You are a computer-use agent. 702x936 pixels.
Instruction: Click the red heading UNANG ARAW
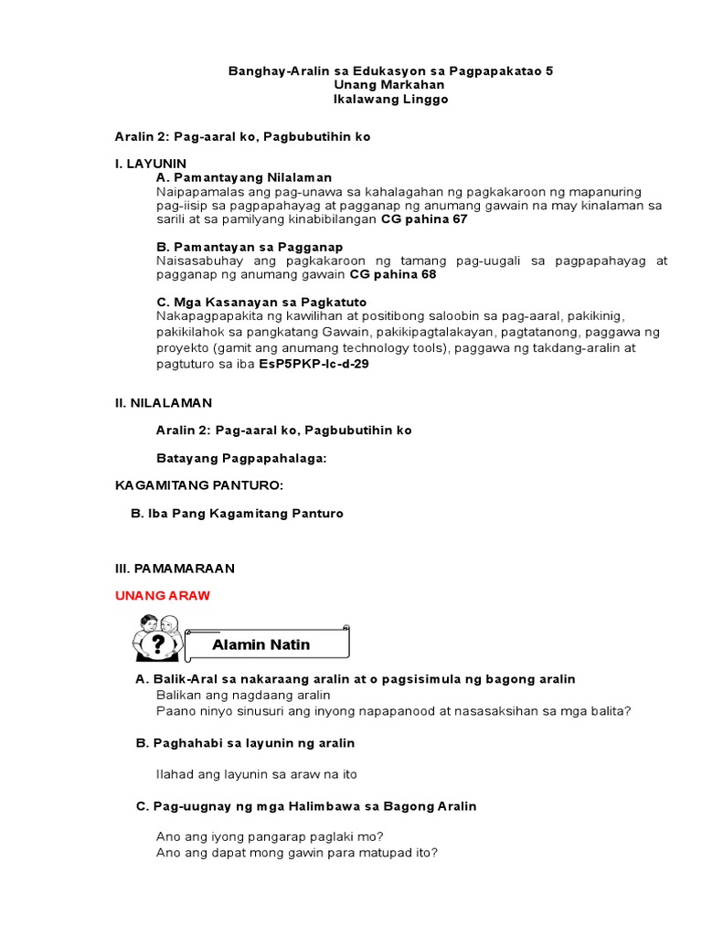(x=162, y=595)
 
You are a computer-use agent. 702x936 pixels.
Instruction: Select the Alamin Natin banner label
(x=261, y=644)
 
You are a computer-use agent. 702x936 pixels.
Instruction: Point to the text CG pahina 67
(x=423, y=220)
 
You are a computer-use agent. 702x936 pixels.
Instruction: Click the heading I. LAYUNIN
(x=150, y=163)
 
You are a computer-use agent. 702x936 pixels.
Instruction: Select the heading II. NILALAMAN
(x=163, y=402)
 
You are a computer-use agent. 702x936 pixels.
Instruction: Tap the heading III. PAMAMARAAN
(x=174, y=568)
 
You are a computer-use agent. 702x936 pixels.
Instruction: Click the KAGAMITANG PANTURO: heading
(x=193, y=485)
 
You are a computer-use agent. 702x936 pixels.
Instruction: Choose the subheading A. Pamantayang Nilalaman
(x=244, y=177)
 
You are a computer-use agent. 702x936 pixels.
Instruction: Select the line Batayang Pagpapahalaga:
(x=241, y=457)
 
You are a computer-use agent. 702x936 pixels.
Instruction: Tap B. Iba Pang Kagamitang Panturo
(x=238, y=514)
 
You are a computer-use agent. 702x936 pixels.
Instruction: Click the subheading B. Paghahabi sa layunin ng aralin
(x=245, y=743)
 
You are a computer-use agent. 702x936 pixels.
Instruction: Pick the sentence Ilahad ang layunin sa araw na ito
(x=257, y=774)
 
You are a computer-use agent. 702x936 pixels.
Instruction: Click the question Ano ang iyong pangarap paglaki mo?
(x=270, y=836)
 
